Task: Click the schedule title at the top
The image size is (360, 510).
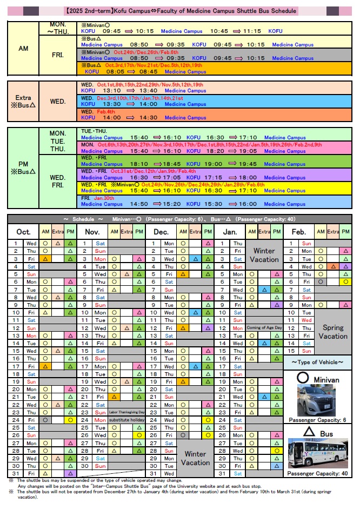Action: point(180,11)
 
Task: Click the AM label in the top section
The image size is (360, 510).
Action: point(23,49)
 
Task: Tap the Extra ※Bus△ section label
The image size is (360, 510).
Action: point(23,102)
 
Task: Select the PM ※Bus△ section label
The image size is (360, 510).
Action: point(23,167)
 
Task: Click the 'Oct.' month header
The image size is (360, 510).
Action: point(23,231)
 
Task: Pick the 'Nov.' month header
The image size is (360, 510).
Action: point(92,231)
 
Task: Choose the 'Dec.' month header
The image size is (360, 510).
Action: point(161,231)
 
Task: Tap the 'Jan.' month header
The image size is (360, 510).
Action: point(230,231)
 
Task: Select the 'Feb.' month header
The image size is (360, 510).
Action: point(299,231)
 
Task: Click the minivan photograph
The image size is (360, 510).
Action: point(317,400)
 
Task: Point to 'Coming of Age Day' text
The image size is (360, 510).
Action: point(264,328)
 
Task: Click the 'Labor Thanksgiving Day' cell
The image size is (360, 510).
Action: point(126,412)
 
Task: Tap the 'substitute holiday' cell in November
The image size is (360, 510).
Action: point(126,420)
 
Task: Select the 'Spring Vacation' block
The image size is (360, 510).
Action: point(333,332)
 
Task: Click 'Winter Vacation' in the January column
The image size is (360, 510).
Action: point(264,255)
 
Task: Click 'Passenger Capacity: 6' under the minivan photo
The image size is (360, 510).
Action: point(317,420)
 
